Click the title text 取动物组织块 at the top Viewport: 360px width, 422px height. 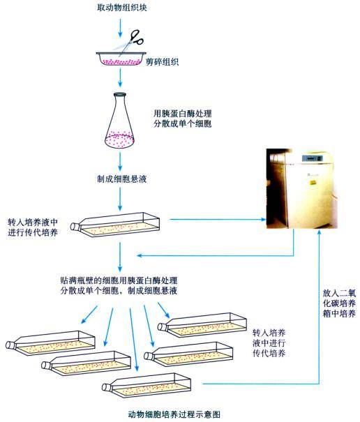122,8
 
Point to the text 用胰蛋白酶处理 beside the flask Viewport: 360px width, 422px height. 183,111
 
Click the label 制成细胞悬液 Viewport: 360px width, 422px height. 122,179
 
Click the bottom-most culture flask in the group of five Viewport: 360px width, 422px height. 152,383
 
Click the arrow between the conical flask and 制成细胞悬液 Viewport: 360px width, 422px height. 122,160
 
